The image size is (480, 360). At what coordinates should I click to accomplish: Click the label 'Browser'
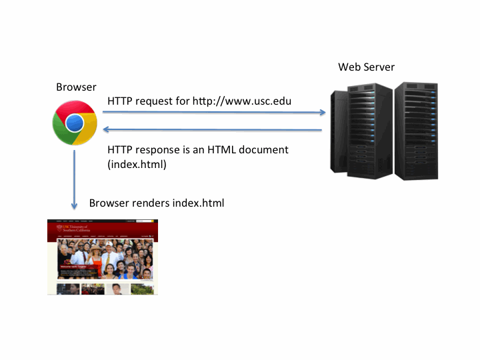click(x=76, y=87)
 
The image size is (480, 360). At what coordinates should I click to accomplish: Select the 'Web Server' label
click(x=366, y=67)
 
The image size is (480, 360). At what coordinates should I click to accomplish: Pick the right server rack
click(x=417, y=130)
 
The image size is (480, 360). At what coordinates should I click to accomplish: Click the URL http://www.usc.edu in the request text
click(x=242, y=101)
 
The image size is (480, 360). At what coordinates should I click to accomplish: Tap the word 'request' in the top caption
click(x=153, y=101)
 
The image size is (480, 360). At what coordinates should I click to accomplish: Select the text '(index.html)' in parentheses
click(x=137, y=164)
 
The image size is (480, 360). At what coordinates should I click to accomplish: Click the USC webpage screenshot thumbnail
click(x=103, y=257)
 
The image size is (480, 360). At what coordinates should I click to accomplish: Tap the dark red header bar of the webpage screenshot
click(x=103, y=230)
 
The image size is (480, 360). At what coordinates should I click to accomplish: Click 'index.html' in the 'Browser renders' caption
click(x=199, y=203)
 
